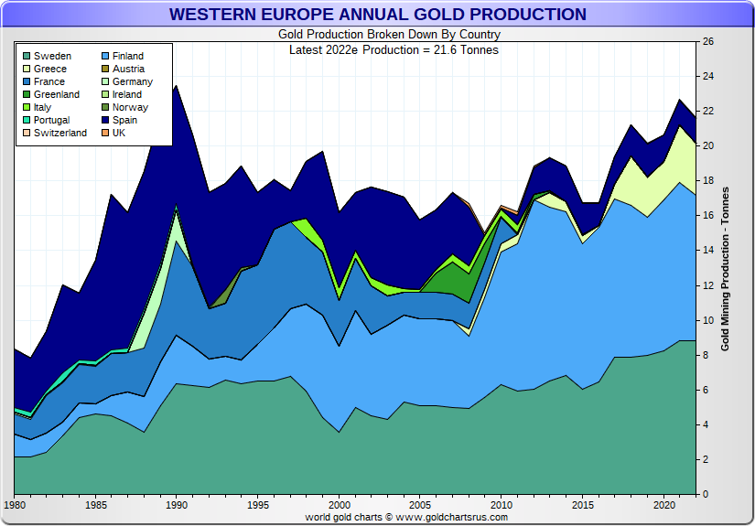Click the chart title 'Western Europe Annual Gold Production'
click(x=377, y=15)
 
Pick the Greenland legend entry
click(x=56, y=94)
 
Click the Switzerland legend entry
click(x=59, y=133)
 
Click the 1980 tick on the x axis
click(x=15, y=504)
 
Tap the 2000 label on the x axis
click(x=339, y=504)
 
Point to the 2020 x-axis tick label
click(x=663, y=504)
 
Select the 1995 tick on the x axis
click(x=258, y=504)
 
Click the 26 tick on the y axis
click(x=707, y=42)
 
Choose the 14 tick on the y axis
click(x=707, y=251)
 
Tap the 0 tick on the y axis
click(x=705, y=495)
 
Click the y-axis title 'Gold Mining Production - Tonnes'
click(x=725, y=268)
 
